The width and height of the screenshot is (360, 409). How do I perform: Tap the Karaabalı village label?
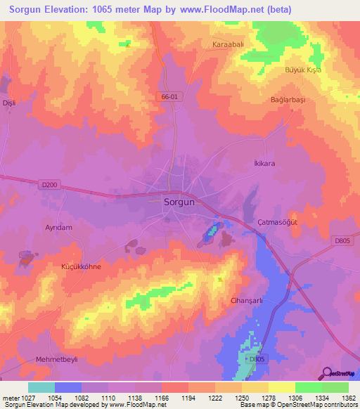[x=227, y=44]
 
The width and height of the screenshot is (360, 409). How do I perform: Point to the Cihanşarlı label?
[x=246, y=300]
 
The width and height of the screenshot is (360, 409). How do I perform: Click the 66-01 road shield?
[x=169, y=96]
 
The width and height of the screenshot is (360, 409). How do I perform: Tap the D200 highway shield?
[x=49, y=184]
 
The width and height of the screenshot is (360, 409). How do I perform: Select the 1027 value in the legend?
[x=25, y=398]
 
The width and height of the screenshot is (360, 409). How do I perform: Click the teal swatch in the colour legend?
[x=41, y=387]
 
